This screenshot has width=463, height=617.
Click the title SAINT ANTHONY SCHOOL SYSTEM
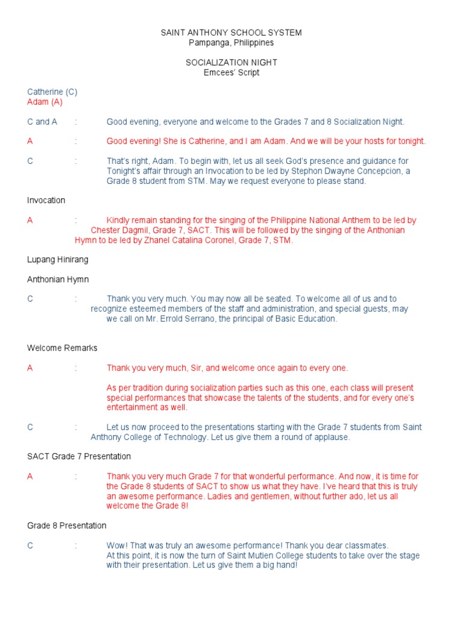pyautogui.click(x=231, y=33)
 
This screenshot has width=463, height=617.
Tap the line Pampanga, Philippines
pyautogui.click(x=231, y=43)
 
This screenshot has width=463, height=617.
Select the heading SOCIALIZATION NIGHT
pyautogui.click(x=231, y=63)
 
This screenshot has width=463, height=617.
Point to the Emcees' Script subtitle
pyautogui.click(x=231, y=73)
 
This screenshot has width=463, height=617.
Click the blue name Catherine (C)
pyautogui.click(x=52, y=92)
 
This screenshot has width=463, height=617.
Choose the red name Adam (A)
pyautogui.click(x=45, y=102)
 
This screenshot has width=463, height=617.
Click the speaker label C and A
pyautogui.click(x=42, y=122)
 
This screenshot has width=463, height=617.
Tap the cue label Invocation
pyautogui.click(x=46, y=200)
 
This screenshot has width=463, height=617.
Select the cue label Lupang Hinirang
pyautogui.click(x=58, y=259)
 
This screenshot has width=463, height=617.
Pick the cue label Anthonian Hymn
pyautogui.click(x=58, y=280)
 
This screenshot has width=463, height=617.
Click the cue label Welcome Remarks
pyautogui.click(x=62, y=348)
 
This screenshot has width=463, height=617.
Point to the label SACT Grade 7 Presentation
pyautogui.click(x=79, y=456)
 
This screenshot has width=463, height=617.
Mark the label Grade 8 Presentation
pyautogui.click(x=67, y=525)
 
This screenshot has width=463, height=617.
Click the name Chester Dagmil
pyautogui.click(x=118, y=230)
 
